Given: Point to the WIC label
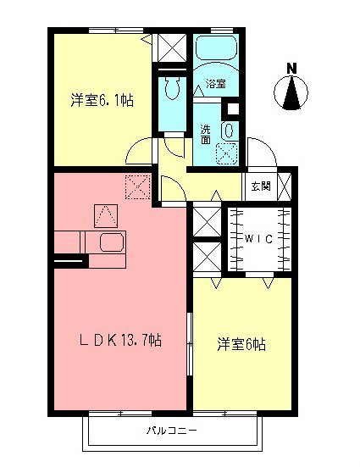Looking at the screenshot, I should pyautogui.click(x=258, y=239).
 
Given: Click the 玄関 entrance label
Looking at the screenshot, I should pyautogui.click(x=260, y=186).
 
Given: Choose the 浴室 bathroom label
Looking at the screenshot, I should pyautogui.click(x=216, y=84).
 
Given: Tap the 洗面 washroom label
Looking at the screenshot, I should pyautogui.click(x=206, y=134).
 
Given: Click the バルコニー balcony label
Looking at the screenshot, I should pyautogui.click(x=171, y=431).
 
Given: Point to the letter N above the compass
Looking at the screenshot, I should pyautogui.click(x=291, y=68).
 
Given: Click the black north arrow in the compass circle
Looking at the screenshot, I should pyautogui.click(x=291, y=94).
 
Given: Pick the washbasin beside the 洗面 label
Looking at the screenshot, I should pyautogui.click(x=227, y=130).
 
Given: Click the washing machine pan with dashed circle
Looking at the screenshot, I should pyautogui.click(x=227, y=153).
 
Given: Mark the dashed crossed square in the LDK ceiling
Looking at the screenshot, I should pyautogui.click(x=136, y=184).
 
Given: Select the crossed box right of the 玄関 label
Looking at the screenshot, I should pyautogui.click(x=285, y=185).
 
